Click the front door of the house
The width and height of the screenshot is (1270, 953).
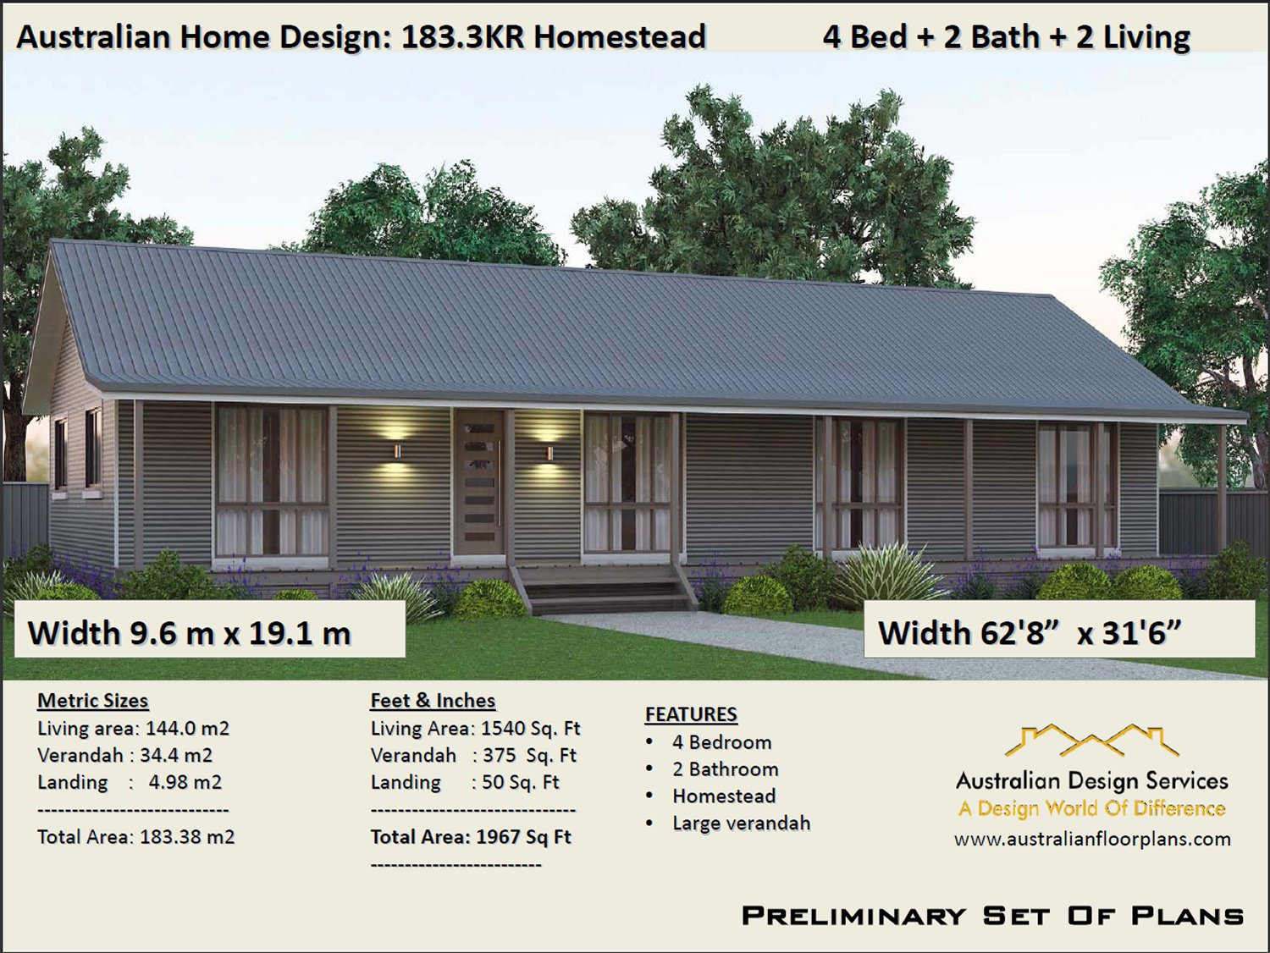[x=479, y=482]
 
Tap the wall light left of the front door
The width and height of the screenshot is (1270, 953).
[x=396, y=450]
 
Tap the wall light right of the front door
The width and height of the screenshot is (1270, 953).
[x=549, y=453]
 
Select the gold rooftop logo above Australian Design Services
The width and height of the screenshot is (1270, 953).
[x=1091, y=741]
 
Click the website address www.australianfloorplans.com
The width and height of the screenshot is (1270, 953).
[x=1092, y=839]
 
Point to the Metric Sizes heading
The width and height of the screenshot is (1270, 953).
[x=92, y=701]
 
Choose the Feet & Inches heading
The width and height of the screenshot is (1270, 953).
[x=433, y=701]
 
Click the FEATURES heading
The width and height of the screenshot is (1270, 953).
[x=691, y=714]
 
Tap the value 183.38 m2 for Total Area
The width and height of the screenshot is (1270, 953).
[x=187, y=837]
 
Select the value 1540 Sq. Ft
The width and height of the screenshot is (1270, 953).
[x=530, y=729]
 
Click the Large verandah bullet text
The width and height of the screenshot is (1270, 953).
[x=741, y=824]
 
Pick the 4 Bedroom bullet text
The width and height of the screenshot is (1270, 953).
[x=721, y=742]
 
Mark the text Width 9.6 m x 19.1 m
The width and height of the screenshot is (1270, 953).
[x=190, y=633]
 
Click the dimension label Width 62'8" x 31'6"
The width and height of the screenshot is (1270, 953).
[x=1029, y=633]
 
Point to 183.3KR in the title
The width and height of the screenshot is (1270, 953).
[x=462, y=37]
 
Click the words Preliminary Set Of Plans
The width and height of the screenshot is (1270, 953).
[x=992, y=916]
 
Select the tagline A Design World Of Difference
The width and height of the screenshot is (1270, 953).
[x=1091, y=808]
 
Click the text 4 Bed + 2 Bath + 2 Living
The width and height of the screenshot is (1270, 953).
[x=1006, y=37]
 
